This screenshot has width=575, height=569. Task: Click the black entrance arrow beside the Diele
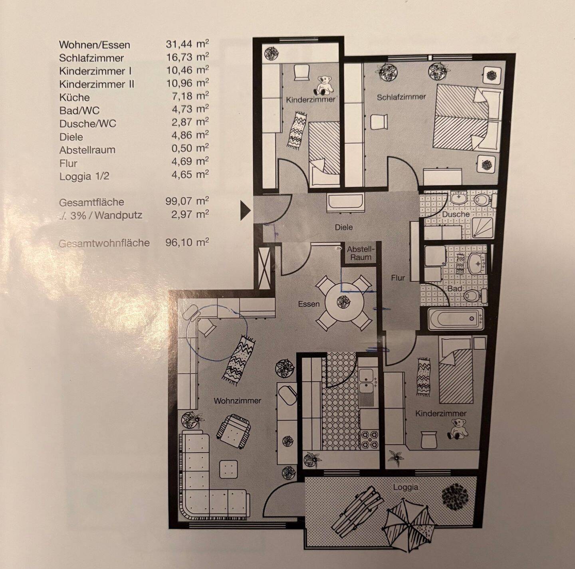[x=245, y=210]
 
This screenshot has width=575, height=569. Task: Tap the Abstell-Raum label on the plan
[x=361, y=253]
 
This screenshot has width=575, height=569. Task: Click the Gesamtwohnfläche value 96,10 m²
[x=187, y=242]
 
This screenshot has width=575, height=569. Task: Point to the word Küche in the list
[x=74, y=97]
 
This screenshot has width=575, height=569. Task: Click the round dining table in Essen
[x=344, y=302]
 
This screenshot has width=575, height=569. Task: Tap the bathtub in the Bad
[x=455, y=319]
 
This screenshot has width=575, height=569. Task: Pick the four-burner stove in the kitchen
[x=369, y=440]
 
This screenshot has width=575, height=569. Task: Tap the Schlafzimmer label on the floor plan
[x=401, y=97]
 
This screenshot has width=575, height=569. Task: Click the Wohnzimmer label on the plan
[x=237, y=400]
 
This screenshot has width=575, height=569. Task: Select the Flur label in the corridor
[x=398, y=278]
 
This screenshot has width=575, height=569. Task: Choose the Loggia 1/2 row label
[x=84, y=176]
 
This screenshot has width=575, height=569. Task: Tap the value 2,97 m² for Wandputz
[x=190, y=214]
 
